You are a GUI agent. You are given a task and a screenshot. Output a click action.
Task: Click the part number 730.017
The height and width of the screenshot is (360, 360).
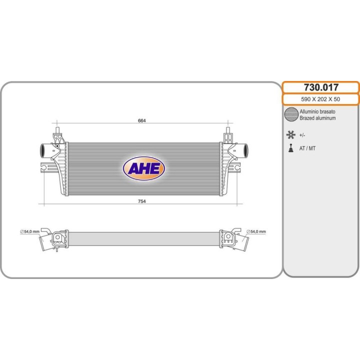(x=320, y=87)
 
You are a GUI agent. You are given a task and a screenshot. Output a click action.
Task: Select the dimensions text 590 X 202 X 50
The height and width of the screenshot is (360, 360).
(x=320, y=99)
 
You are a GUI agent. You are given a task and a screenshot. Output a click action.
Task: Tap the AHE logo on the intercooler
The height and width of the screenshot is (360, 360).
(x=143, y=169)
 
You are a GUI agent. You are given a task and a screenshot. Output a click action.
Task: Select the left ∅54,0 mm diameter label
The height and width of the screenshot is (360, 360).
(x=29, y=231)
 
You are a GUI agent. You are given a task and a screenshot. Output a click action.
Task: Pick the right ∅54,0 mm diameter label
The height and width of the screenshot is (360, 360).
(x=256, y=231)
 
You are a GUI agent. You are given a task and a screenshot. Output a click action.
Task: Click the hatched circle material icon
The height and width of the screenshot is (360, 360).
(x=291, y=114)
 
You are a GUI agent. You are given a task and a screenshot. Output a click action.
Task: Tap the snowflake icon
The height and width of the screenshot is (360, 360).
(x=290, y=134)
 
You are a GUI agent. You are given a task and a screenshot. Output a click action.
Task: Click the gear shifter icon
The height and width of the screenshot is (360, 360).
(x=290, y=148)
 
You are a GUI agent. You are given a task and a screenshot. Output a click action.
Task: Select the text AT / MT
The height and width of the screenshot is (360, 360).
(x=307, y=148)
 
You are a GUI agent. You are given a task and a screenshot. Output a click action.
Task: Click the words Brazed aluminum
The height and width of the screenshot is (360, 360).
(x=317, y=118)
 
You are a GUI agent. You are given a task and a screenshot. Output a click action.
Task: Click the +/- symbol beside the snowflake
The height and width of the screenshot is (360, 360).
(x=302, y=135)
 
